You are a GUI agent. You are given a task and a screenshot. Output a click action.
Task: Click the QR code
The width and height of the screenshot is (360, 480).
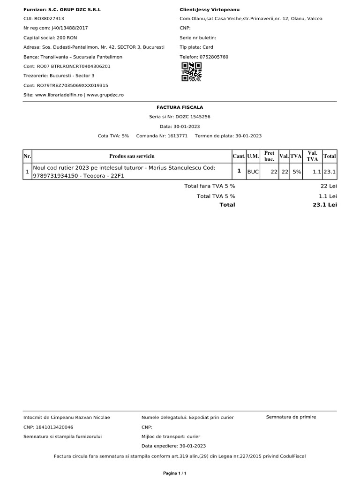coord(191,72)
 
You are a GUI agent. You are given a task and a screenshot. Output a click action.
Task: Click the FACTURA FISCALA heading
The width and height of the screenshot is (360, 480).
coord(180,107)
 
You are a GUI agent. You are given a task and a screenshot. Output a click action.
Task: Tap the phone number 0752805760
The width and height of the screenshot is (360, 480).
coord(215,57)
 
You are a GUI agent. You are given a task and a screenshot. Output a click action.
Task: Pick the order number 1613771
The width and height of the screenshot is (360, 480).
coord(178,136)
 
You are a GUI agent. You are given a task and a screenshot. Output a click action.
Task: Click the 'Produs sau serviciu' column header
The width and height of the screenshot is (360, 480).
coord(132,156)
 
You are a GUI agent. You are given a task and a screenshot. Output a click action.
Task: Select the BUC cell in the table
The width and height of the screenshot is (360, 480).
coord(253,172)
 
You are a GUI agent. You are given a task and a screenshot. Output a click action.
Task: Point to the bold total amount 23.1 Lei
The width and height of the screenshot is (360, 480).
coord(325,205)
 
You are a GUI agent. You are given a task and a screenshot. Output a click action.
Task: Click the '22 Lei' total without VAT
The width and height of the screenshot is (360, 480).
coord(329,186)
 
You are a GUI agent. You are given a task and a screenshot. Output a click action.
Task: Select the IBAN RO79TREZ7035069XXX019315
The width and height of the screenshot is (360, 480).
coord(72,85)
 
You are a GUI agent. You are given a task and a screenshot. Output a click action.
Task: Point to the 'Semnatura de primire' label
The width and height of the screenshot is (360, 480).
coord(291,417)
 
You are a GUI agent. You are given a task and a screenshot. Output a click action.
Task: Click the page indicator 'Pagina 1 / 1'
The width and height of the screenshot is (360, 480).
coord(175,473)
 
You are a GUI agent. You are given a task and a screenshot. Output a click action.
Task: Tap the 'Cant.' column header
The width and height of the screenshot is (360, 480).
coord(239,156)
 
